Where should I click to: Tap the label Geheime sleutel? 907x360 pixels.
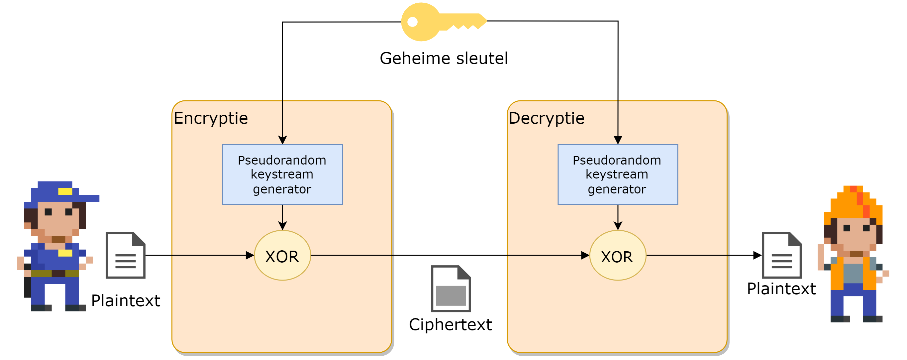(444, 59)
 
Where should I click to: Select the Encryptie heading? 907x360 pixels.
(211, 118)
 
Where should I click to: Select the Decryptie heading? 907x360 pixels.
(547, 118)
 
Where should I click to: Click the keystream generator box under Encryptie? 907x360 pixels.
(282, 175)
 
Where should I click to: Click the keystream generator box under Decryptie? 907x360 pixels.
(618, 175)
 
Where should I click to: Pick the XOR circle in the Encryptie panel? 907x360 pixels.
(282, 256)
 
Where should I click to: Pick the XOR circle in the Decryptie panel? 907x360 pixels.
(618, 256)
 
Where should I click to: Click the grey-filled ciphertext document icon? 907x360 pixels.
(451, 289)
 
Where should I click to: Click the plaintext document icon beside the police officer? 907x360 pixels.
(126, 255)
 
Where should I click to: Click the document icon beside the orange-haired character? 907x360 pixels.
(782, 255)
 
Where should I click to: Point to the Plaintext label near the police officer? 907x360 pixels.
(126, 301)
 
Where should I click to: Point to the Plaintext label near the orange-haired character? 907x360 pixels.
(781, 289)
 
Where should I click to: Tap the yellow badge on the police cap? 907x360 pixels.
(65, 191)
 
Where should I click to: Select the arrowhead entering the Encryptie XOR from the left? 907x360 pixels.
(250, 255)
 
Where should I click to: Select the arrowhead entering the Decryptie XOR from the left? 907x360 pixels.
(585, 255)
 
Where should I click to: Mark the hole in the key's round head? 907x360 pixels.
(412, 22)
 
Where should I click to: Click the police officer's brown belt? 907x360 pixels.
(55, 274)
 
